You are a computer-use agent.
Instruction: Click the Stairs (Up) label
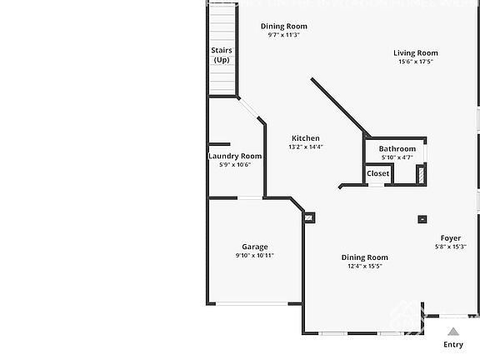[x=222, y=55]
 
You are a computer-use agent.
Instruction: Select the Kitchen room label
[x=305, y=138]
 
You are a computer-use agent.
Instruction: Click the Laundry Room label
[x=235, y=156]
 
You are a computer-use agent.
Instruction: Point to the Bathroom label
[x=397, y=149]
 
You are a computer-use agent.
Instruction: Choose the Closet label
[x=377, y=173]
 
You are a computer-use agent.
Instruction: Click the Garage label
[x=255, y=247]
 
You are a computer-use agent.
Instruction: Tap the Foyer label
[x=451, y=238]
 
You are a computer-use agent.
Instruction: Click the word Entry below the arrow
[x=453, y=344]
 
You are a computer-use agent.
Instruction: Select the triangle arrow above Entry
[x=453, y=331]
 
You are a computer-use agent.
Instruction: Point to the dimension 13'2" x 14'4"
[x=305, y=147]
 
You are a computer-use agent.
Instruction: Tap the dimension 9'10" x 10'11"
[x=255, y=256]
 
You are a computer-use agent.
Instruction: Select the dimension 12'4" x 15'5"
[x=365, y=267]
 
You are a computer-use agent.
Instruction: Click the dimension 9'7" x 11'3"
[x=283, y=35]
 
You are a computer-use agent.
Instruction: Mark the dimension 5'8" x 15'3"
[x=451, y=247]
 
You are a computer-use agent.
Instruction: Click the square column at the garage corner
[x=310, y=217]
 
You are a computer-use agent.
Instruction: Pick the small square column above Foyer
[x=422, y=219]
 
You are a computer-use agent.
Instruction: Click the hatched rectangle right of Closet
[x=421, y=173]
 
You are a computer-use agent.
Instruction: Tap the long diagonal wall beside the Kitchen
[x=340, y=107]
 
